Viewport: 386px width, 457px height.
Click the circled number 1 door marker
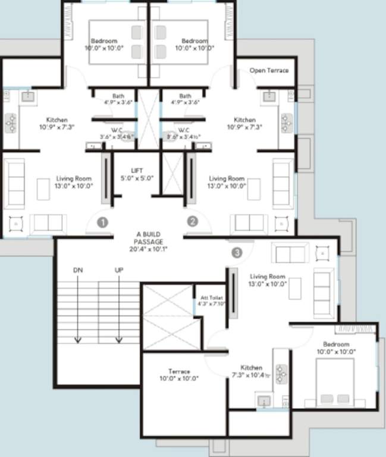[x=103, y=223]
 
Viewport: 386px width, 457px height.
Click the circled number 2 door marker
[x=192, y=221]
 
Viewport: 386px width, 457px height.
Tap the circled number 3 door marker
[x=237, y=252]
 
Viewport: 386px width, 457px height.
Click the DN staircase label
[x=77, y=270]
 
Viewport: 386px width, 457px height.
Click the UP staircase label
[x=119, y=270]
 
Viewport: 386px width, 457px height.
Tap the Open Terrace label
[x=269, y=70]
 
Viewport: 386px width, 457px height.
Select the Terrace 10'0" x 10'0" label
[x=178, y=375]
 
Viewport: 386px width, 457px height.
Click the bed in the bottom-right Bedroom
[x=334, y=383]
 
